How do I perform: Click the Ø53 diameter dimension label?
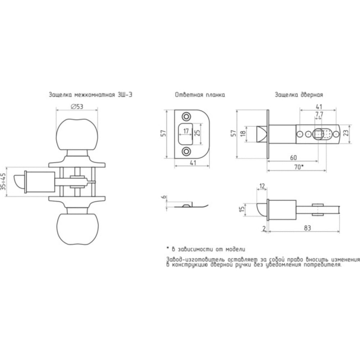[x=77, y=107]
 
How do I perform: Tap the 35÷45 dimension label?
[x=3, y=181]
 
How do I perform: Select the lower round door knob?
[x=77, y=229]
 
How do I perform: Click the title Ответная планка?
[x=200, y=95]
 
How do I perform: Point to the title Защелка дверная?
[x=299, y=95]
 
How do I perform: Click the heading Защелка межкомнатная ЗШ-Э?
[x=90, y=95]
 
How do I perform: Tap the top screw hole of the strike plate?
[x=186, y=116]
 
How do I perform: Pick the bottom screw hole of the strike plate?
[x=186, y=151]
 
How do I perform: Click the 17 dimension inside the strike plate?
[x=186, y=131]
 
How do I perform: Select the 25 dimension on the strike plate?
[x=197, y=133]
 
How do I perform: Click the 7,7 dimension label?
[x=319, y=114]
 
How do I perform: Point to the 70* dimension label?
[x=299, y=167]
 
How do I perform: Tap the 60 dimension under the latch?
[x=293, y=158]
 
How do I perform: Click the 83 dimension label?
[x=307, y=228]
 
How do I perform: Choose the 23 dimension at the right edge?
[x=346, y=132]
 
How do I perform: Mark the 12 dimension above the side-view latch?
[x=262, y=186]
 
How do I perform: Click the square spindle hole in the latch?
[x=318, y=134]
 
